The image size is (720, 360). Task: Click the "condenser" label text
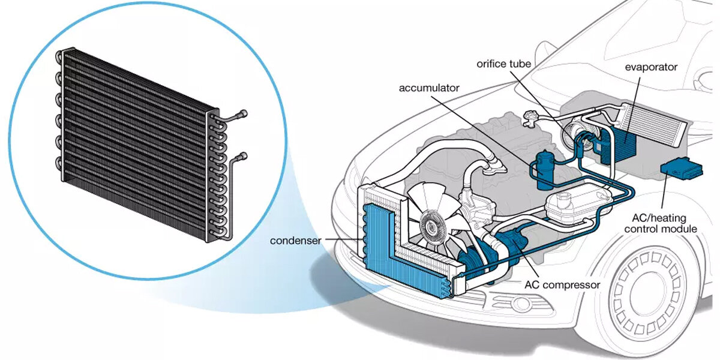coord(295,241)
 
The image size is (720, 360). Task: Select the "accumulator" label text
coord(429,88)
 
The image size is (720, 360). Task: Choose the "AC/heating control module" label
coord(660,223)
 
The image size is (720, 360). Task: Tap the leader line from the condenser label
coord(342,241)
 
